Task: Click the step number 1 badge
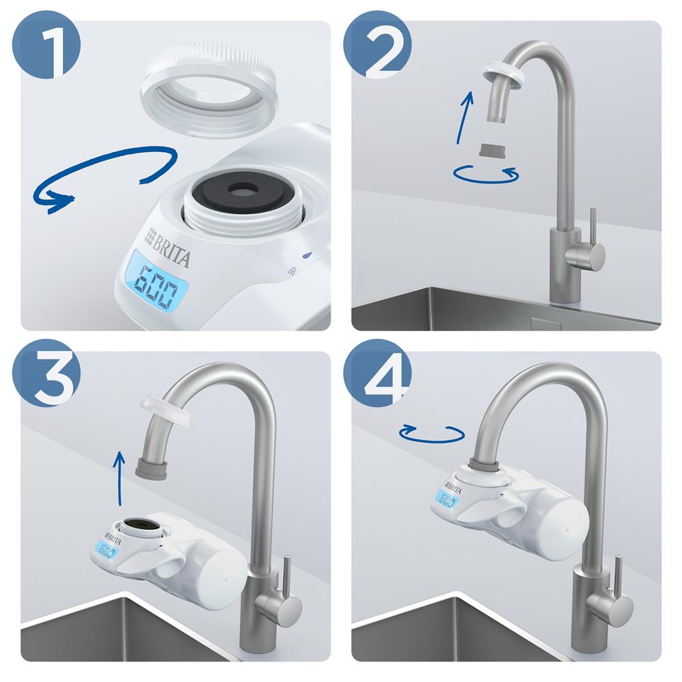[46, 46]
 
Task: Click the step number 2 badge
[377, 46]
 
